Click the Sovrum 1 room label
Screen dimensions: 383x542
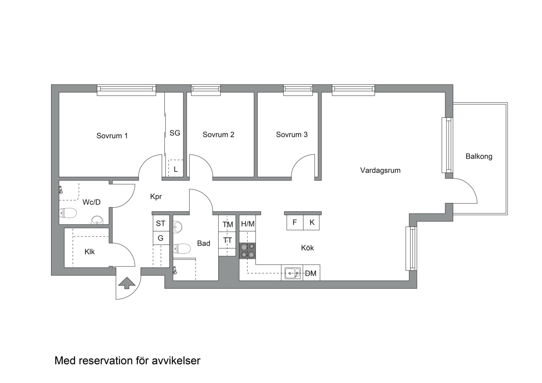pos(112,136)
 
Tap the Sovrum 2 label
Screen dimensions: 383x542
pos(218,135)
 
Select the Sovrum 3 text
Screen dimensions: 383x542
pos(292,135)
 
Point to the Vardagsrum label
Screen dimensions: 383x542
pos(380,171)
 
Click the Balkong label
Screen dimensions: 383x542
pos(479,156)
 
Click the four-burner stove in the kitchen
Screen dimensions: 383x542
pos(247,250)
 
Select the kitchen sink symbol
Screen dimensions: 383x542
pos(292,273)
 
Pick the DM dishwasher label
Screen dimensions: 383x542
pos(311,273)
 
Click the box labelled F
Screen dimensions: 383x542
pos(295,223)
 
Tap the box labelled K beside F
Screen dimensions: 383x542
pos(312,223)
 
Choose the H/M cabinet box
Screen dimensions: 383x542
pos(248,224)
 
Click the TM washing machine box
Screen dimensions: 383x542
pos(227,224)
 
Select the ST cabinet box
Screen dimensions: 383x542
pos(161,223)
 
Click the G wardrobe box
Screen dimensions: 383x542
pos(161,238)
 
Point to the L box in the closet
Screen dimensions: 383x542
pos(176,169)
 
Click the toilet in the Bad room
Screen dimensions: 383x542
pos(182,249)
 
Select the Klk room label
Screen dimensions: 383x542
pos(90,252)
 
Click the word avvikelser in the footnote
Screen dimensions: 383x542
pos(176,361)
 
